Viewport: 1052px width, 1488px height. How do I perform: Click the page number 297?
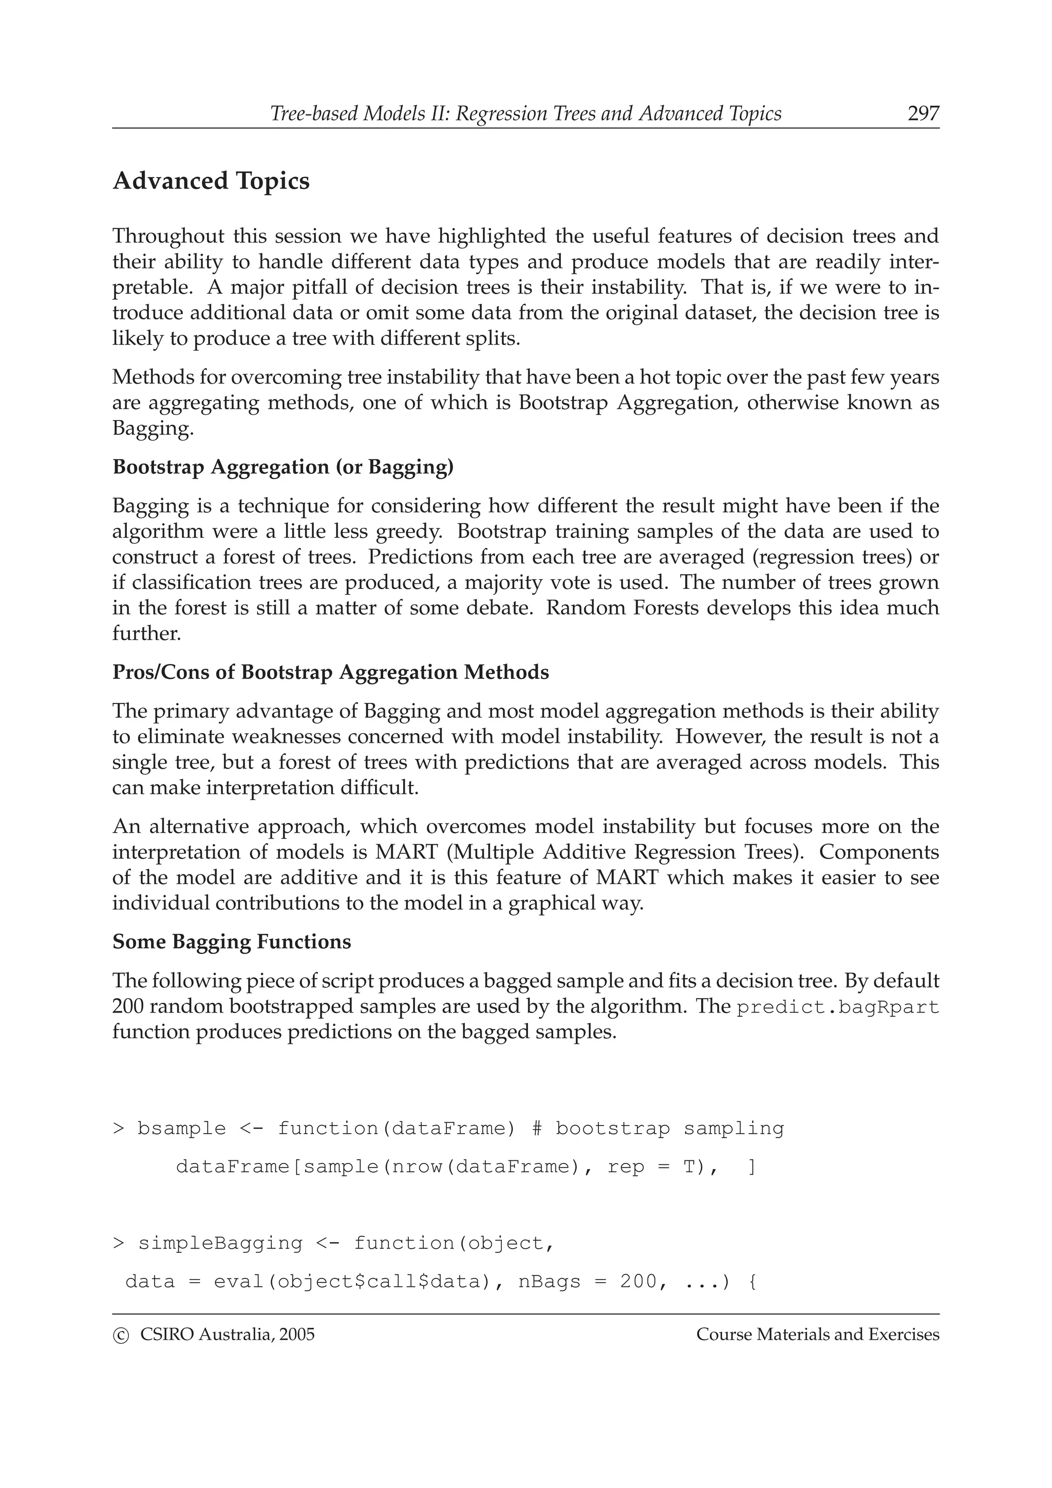tap(923, 113)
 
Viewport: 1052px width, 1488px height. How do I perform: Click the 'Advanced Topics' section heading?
tap(211, 181)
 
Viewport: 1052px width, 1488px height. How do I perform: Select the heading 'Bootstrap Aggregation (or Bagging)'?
tap(283, 467)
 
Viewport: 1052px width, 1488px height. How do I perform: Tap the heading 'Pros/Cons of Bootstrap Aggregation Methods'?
tap(331, 672)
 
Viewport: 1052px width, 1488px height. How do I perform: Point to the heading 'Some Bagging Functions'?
tap(231, 941)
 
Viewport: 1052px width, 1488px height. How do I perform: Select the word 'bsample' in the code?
tap(181, 1128)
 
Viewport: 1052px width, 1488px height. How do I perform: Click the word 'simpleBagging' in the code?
tap(220, 1243)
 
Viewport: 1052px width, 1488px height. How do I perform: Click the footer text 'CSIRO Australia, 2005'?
tap(227, 1334)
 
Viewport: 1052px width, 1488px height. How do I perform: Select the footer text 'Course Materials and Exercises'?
tap(817, 1334)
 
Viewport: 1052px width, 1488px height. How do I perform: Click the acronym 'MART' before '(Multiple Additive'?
tap(399, 852)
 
